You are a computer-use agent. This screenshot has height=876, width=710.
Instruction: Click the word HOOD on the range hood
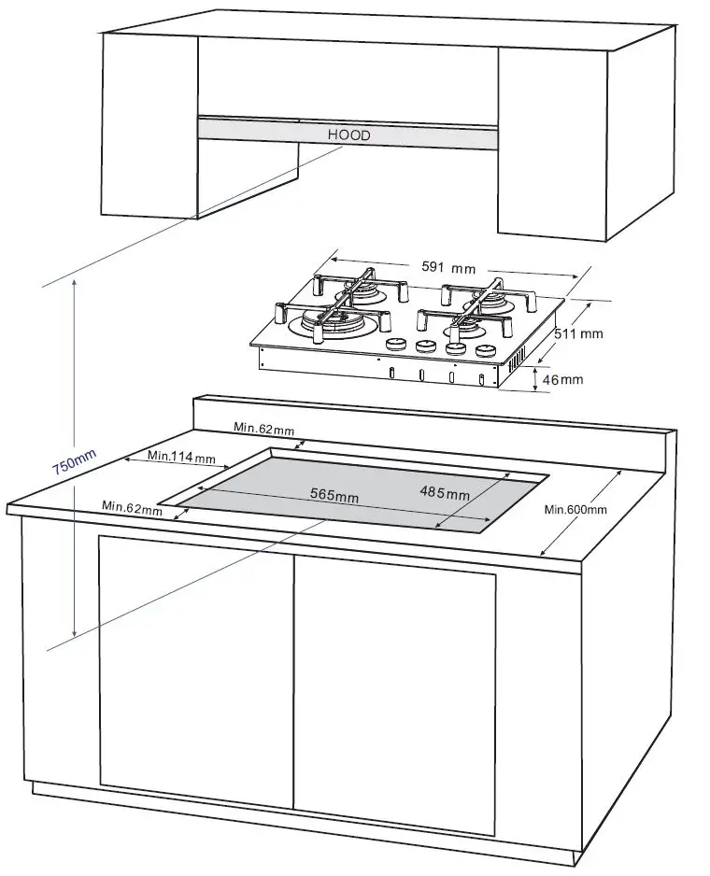pos(348,135)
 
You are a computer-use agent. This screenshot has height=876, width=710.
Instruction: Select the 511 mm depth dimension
pos(578,332)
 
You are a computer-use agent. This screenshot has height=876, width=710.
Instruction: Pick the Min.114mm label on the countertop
pos(181,458)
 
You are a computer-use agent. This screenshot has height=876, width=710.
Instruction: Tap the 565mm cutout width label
pos(334,495)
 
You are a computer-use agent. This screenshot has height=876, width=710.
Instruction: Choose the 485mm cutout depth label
pos(445,492)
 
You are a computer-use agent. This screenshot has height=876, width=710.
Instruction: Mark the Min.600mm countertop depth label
pos(575,509)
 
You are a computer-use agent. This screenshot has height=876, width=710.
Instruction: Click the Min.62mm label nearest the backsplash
pos(263,429)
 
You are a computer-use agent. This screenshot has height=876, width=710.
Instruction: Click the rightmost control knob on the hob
pos(484,351)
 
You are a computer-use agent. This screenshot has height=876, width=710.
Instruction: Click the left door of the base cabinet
pos(196,663)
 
